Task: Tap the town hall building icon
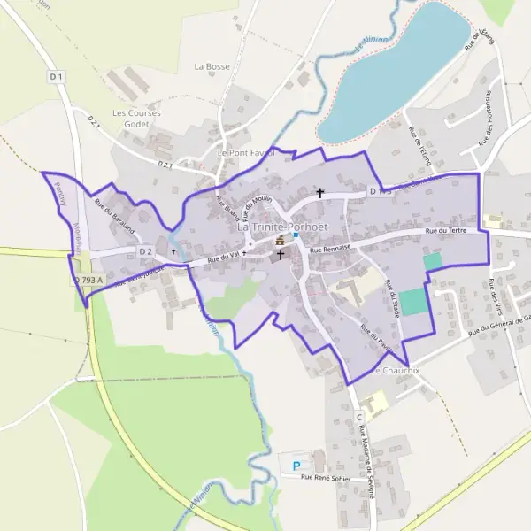pyautogui.click(x=281, y=240)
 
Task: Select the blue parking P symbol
pyautogui.click(x=296, y=465)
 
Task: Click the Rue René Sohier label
pyautogui.click(x=326, y=479)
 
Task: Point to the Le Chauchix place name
pyautogui.click(x=395, y=370)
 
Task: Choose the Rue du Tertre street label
pyautogui.click(x=445, y=231)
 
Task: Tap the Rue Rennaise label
pyautogui.click(x=331, y=250)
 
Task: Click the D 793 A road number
pyautogui.click(x=88, y=281)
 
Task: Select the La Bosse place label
pyautogui.click(x=212, y=66)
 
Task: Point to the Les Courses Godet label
pyautogui.click(x=130, y=119)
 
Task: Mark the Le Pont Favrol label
pyautogui.click(x=246, y=152)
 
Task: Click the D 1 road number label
pyautogui.click(x=58, y=77)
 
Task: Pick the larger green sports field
pyautogui.click(x=413, y=302)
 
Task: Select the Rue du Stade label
pyautogui.click(x=393, y=299)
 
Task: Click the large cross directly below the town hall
pyautogui.click(x=281, y=255)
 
